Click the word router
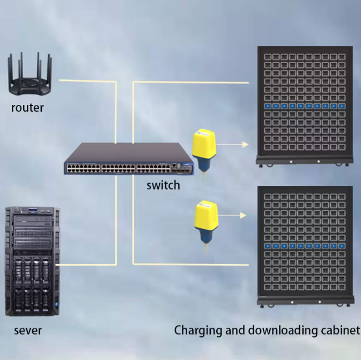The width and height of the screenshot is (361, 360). [27, 108]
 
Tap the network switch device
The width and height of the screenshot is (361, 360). [129, 159]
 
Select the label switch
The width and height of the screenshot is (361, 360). [163, 186]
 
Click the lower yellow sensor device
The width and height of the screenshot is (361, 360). [205, 220]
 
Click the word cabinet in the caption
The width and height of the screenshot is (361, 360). [341, 330]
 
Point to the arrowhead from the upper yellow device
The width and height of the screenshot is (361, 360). [246, 144]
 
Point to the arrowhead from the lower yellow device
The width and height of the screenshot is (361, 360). [244, 215]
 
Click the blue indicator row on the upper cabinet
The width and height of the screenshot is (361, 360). [304, 106]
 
